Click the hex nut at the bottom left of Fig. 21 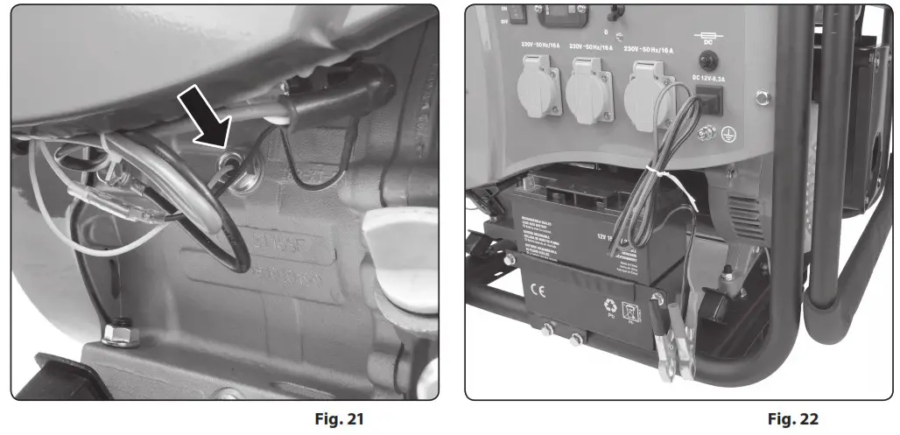coord(115,333)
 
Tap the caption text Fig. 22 coord(792,418)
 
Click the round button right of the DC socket coord(760,97)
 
